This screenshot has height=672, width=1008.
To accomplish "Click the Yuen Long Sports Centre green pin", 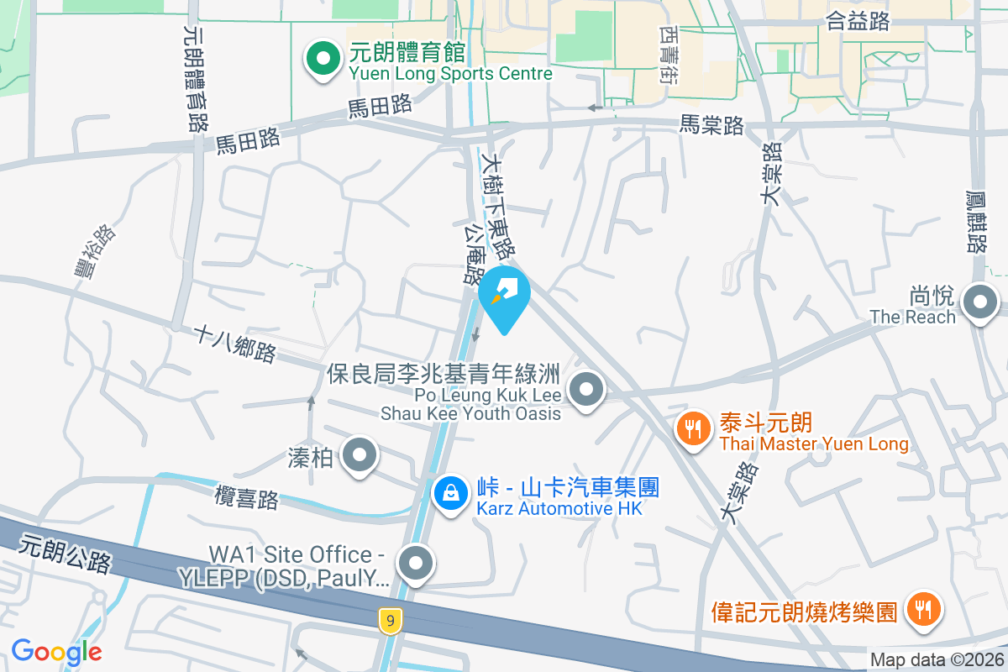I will click(321, 60).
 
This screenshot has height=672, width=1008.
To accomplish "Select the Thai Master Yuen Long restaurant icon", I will click(693, 429).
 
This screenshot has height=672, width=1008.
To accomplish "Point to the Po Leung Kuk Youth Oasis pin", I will click(586, 390).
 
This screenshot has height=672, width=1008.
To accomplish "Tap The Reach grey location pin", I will click(979, 302).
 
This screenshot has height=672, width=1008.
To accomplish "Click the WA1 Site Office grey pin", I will click(416, 564).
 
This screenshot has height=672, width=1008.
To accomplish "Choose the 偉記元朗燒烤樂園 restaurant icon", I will click(923, 608).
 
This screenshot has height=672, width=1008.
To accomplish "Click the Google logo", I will click(56, 652).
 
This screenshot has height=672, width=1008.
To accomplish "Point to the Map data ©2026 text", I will click(937, 660).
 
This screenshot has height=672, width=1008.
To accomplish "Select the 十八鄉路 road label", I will click(234, 344).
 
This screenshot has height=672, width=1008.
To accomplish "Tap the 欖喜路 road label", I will click(246, 496).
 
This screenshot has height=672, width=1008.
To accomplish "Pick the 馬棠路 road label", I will click(712, 125).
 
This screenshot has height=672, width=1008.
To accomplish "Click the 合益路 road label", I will click(858, 21).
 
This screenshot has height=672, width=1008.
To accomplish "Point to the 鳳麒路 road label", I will click(976, 221).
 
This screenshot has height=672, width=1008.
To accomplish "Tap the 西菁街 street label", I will click(669, 52).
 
